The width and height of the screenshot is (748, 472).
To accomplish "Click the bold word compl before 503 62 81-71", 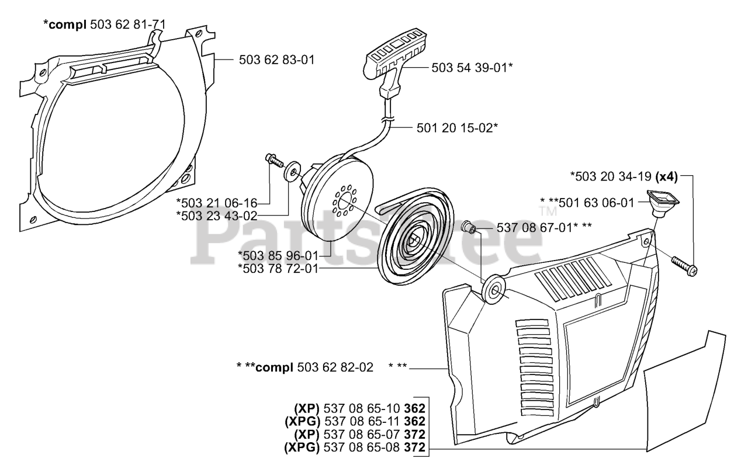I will [x=65, y=25].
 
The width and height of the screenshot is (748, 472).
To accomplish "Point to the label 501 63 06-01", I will [x=596, y=203].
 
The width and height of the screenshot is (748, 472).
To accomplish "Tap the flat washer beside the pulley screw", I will [x=290, y=173].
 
